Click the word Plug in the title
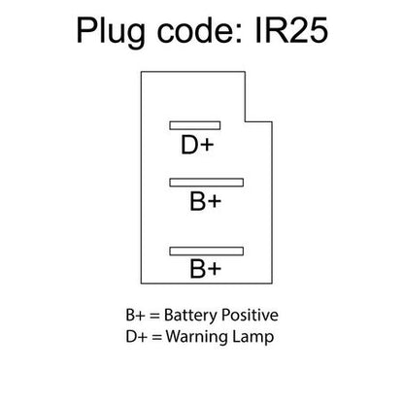click(x=111, y=32)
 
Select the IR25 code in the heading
click(x=291, y=30)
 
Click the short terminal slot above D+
click(x=195, y=125)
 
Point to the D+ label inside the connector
click(x=197, y=145)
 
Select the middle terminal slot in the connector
click(x=207, y=183)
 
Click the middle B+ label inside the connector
click(x=205, y=201)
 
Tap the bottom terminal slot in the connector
click(x=207, y=252)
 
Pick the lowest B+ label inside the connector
click(x=205, y=268)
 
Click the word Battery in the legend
click(x=190, y=315)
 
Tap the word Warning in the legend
click(x=196, y=337)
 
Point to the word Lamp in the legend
click(x=252, y=337)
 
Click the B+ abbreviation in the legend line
click(x=135, y=315)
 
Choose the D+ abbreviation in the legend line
click(x=136, y=337)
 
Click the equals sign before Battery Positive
click(x=154, y=316)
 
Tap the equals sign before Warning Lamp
click(x=156, y=337)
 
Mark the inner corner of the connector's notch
click(x=245, y=121)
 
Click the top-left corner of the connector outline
click(x=141, y=72)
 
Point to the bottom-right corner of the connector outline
click(x=272, y=284)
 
